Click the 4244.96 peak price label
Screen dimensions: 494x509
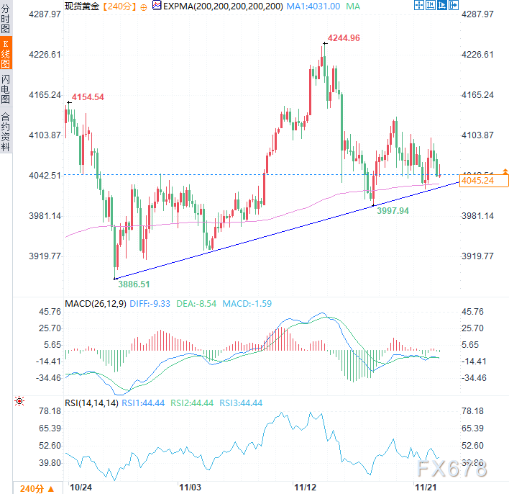(x=344, y=38)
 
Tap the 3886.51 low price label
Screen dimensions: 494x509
(x=134, y=284)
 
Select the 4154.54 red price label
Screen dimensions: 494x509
(x=87, y=97)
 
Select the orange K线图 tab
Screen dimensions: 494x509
(x=6, y=53)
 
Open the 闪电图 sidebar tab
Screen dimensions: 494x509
(x=6, y=88)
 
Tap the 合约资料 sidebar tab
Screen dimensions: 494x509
(x=6, y=131)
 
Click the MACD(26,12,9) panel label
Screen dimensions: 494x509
(x=96, y=304)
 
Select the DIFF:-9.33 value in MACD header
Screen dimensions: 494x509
(x=149, y=304)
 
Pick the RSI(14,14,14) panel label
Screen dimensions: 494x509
(x=91, y=403)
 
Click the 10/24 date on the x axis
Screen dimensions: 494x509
(x=80, y=488)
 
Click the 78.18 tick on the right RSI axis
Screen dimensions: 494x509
(x=473, y=411)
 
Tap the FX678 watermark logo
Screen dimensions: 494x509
(x=450, y=470)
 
